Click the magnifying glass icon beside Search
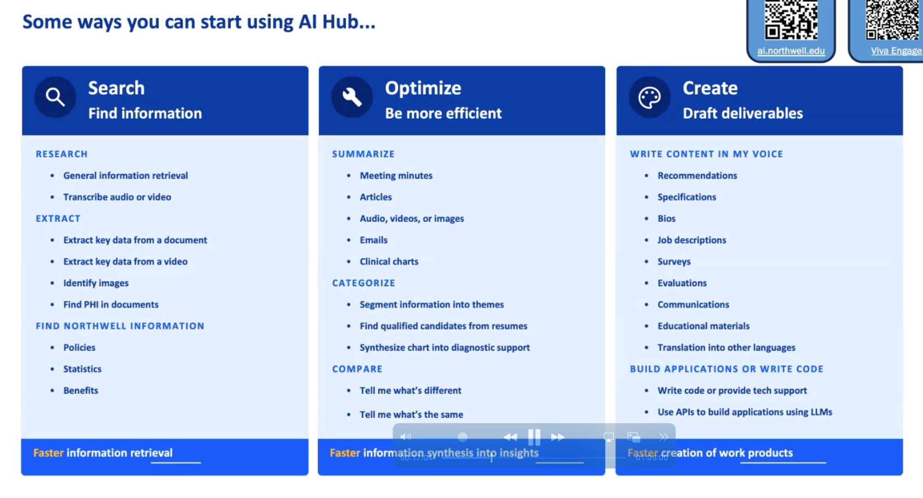(x=55, y=97)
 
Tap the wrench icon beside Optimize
(x=352, y=97)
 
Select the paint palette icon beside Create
(x=649, y=97)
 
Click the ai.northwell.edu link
(x=791, y=51)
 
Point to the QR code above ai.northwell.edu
(x=791, y=20)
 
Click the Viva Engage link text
(x=896, y=51)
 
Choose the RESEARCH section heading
(x=61, y=154)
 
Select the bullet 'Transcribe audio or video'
(x=117, y=197)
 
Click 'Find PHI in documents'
(x=111, y=304)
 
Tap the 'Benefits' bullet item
(x=81, y=390)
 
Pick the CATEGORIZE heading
(x=364, y=283)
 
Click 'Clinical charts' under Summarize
(x=389, y=261)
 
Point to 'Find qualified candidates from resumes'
(x=444, y=326)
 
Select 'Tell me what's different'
(x=410, y=390)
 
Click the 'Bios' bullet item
(x=666, y=219)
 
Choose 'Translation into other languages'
(x=726, y=347)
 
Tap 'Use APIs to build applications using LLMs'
(x=745, y=412)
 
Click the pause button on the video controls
(x=534, y=437)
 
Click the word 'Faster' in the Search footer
(x=48, y=453)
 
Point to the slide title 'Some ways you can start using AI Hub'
(x=199, y=22)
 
